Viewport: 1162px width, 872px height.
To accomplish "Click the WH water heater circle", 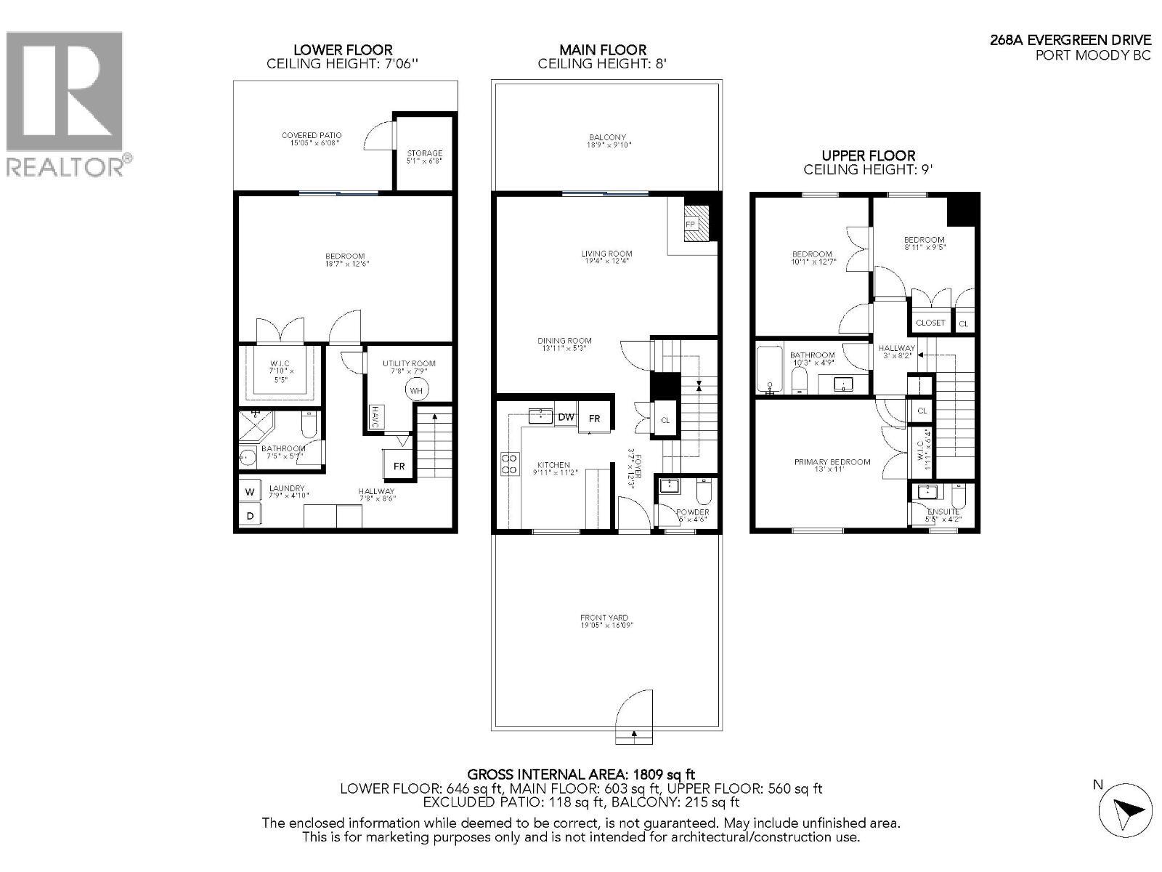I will point(416,390).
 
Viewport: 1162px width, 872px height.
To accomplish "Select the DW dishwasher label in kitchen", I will point(566,417).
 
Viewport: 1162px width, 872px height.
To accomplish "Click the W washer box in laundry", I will point(250,492).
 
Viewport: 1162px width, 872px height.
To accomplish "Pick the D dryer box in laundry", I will point(250,516).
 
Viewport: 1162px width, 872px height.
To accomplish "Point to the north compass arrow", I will point(1125,810).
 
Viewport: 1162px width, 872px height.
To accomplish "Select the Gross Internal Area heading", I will point(581,775).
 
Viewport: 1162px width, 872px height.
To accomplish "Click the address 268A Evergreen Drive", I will point(1070,41).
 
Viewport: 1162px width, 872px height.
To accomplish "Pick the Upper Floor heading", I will point(868,156).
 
